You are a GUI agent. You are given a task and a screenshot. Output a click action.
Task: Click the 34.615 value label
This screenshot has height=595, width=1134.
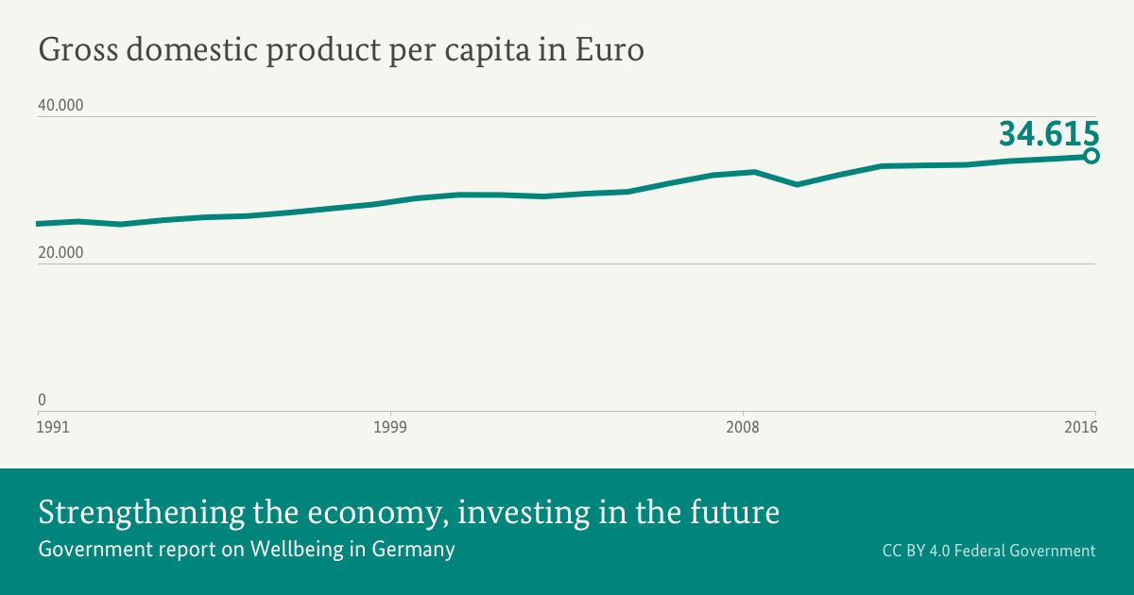[x=1049, y=134]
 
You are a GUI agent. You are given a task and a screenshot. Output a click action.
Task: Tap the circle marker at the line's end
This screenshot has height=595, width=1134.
[x=1091, y=156]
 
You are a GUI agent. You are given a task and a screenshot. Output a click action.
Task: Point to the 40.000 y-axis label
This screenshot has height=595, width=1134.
[x=60, y=105]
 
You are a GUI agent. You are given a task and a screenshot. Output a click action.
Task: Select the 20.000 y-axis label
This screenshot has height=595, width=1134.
[x=60, y=252]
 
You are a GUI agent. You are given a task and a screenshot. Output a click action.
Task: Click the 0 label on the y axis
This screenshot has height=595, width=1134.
[x=42, y=399]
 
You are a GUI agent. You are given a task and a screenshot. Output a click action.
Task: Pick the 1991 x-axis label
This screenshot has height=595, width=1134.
[x=54, y=428]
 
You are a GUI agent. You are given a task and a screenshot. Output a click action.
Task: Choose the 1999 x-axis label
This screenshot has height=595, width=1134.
[x=389, y=428]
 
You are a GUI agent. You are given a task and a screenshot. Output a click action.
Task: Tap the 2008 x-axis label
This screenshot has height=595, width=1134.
[x=743, y=428]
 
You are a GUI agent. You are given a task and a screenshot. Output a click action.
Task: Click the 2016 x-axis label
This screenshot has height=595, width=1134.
[x=1079, y=428]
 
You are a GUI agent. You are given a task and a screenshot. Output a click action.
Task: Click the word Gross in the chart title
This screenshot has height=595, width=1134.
[x=77, y=50]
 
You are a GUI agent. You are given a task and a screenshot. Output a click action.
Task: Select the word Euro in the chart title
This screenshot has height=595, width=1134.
[x=610, y=50]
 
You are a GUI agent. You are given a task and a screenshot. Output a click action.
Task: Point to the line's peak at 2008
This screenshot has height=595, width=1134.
[x=754, y=172]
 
